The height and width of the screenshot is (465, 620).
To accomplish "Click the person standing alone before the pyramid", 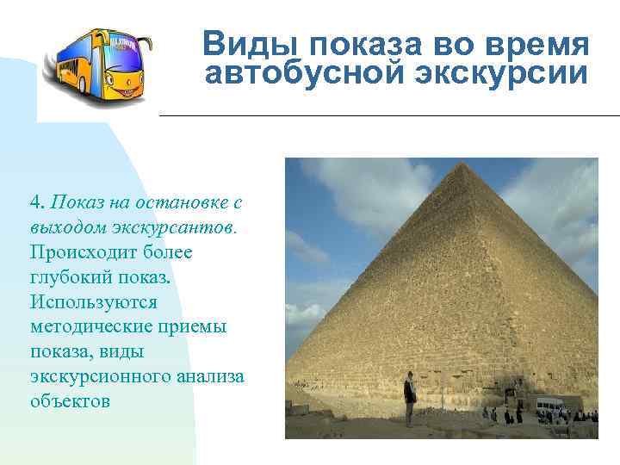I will click(x=409, y=398).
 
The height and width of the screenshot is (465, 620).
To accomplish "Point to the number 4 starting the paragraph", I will click(x=34, y=202).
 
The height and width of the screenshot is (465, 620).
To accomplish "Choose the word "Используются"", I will click(x=93, y=302).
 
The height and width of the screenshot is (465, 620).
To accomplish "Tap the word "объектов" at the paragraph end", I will click(x=69, y=401).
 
